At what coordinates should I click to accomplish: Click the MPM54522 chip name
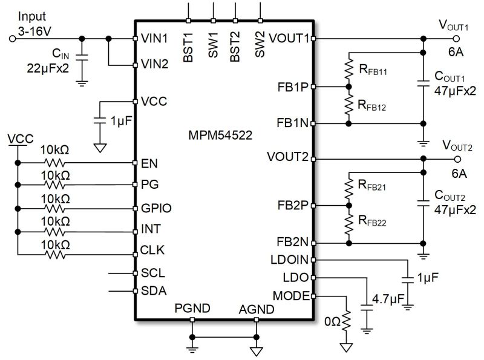tap(220, 136)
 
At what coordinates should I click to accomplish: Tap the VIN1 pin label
tap(154, 38)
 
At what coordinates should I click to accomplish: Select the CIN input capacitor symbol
tap(82, 57)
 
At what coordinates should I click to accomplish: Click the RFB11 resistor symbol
tap(349, 70)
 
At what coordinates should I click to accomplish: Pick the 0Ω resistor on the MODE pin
tap(346, 320)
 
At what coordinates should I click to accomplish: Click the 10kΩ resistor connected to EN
tap(55, 163)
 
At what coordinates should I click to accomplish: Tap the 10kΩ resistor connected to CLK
tap(55, 255)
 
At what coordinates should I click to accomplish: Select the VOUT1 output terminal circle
tap(456, 39)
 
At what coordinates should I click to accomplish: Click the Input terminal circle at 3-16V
tap(12, 39)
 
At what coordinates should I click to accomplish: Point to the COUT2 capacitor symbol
tap(423, 203)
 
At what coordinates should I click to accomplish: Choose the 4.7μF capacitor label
tap(388, 299)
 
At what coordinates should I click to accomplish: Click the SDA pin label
tap(154, 291)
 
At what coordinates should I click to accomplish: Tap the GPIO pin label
tap(156, 208)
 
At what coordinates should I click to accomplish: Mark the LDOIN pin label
tap(290, 260)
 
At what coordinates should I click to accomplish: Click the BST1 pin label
tap(188, 48)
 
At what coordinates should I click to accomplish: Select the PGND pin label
tap(192, 308)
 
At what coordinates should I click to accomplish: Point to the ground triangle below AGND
tap(256, 352)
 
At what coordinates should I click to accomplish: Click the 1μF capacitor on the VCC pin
tap(100, 121)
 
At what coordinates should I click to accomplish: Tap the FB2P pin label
tap(293, 205)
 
